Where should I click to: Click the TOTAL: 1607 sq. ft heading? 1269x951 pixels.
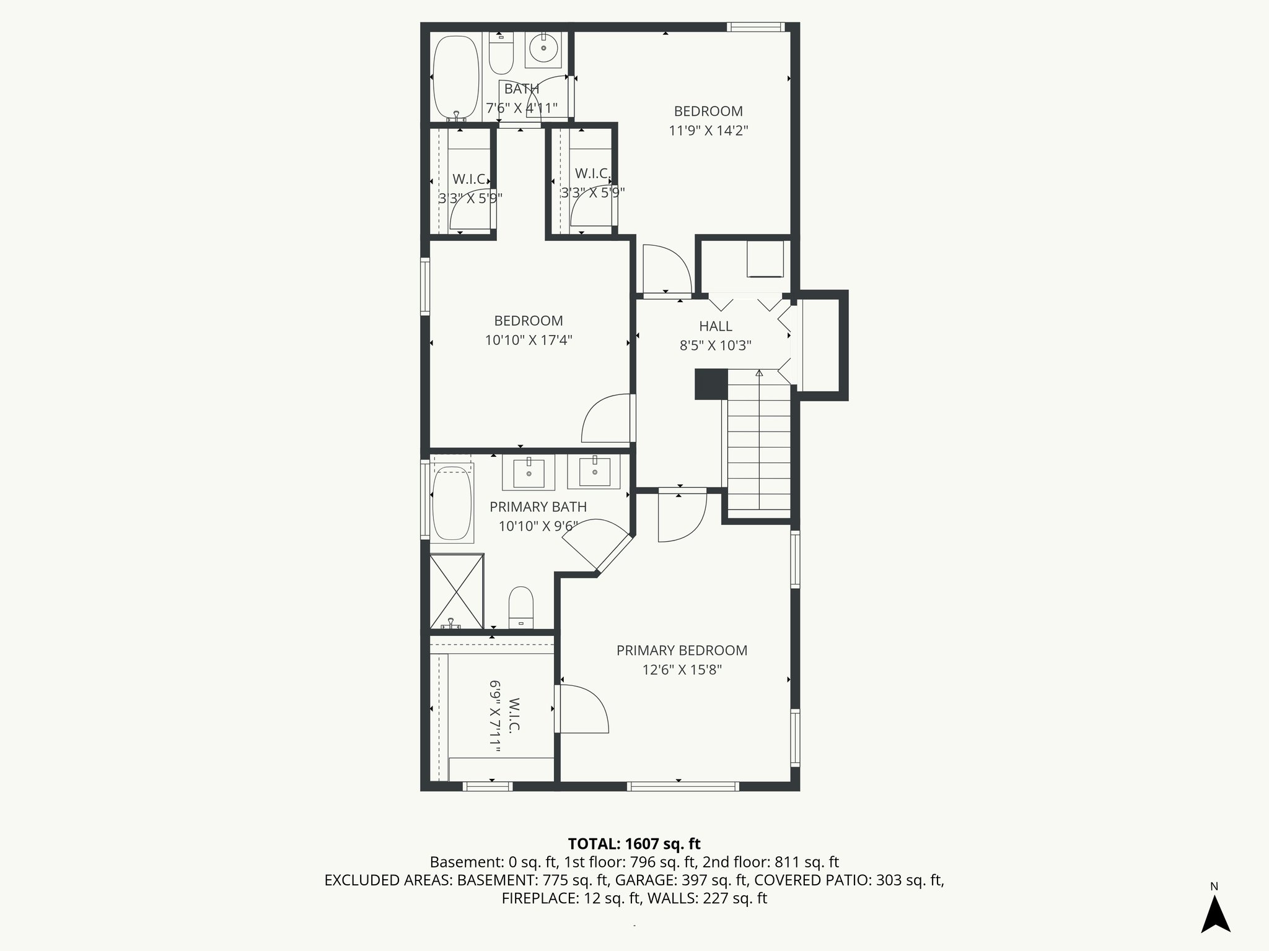point(634,844)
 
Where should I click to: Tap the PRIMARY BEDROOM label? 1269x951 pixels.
point(682,651)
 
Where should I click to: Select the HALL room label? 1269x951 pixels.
point(715,326)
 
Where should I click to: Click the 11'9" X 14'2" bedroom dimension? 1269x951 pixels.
point(708,131)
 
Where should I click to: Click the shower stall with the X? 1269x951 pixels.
point(456,591)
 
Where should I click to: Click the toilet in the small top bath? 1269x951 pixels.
point(501,53)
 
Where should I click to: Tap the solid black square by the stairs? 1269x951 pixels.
point(711,384)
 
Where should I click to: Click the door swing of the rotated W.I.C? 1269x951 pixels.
point(582,709)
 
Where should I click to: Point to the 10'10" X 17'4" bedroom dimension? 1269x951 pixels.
point(528,340)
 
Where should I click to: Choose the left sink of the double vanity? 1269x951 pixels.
point(529,473)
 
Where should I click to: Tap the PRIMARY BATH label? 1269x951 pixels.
point(538,507)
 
